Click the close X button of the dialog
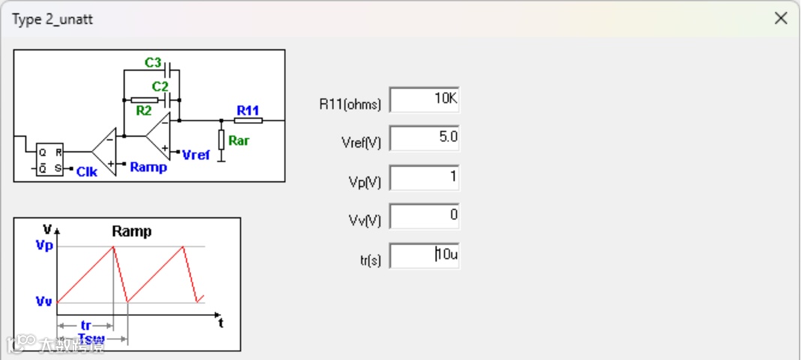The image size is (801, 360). [781, 19]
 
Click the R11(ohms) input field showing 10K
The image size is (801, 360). [424, 100]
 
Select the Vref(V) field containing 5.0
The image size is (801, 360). [424, 139]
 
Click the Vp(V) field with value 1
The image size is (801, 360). [424, 178]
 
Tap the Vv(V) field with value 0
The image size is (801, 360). [424, 217]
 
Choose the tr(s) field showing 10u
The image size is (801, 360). [424, 255]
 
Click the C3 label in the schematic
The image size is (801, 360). [153, 62]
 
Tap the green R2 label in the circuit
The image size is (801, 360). [144, 111]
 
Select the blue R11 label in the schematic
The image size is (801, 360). [247, 110]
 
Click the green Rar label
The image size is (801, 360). [238, 140]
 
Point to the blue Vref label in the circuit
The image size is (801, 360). [196, 155]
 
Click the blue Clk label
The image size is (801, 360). [87, 172]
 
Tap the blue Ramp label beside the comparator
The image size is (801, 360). [148, 167]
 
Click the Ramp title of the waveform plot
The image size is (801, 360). [131, 232]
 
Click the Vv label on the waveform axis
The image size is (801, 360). [43, 301]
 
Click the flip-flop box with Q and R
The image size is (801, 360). [49, 160]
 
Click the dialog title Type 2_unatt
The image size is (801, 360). [52, 19]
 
